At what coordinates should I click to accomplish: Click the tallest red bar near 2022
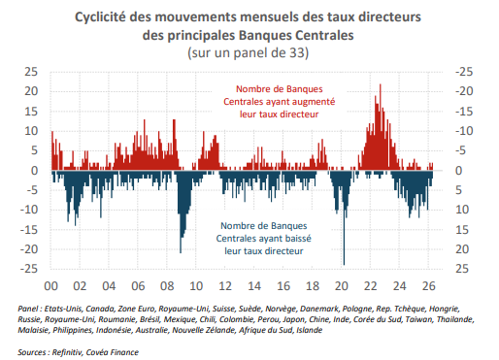(381, 127)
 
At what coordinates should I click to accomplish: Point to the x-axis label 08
(167, 286)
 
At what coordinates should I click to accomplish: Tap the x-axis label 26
(428, 286)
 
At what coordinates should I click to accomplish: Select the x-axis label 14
(254, 286)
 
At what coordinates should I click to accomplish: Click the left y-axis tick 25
(31, 72)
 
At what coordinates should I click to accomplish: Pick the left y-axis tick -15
(29, 230)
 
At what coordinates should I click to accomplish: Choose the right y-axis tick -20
(464, 91)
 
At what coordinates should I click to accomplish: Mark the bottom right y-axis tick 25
(462, 269)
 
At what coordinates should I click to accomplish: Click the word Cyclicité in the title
(100, 17)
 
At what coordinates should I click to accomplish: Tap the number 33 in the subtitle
(297, 52)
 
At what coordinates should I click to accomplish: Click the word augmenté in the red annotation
(312, 102)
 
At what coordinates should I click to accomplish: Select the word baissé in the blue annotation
(297, 239)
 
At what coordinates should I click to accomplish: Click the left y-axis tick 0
(34, 171)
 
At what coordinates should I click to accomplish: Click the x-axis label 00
(50, 286)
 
